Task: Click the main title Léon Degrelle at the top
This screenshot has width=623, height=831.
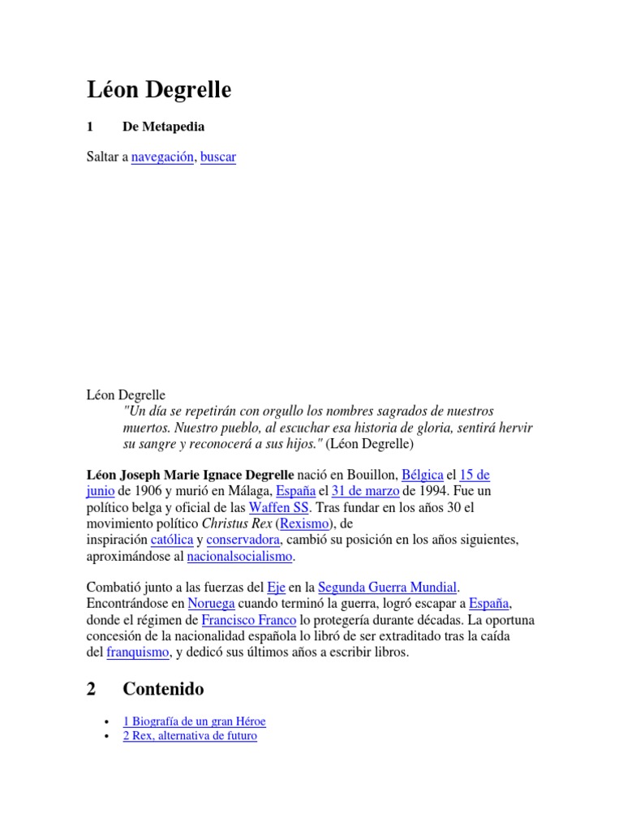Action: point(159,91)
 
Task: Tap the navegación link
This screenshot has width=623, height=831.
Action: point(162,157)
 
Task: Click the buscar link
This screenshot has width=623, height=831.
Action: point(218,157)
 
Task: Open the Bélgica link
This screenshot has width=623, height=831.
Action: point(422,474)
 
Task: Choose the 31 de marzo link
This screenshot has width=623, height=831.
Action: point(365,491)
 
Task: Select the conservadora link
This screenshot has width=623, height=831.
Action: point(243,540)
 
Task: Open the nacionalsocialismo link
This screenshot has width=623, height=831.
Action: point(240,557)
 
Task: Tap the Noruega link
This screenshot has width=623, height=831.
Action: point(211,603)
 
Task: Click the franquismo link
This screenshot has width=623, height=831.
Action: point(138,652)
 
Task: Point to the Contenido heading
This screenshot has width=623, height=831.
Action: point(163,689)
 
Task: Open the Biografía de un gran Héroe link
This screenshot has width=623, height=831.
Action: point(195,721)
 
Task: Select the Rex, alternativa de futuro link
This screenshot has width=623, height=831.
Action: point(190,736)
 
